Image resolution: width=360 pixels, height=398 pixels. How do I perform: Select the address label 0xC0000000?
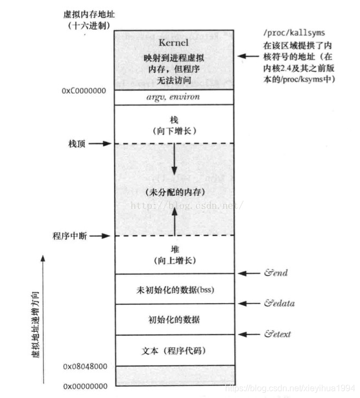84,91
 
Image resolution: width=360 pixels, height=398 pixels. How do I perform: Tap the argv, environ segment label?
173,98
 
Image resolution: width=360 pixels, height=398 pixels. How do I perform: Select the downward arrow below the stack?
174,161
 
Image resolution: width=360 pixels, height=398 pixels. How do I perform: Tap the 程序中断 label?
70,236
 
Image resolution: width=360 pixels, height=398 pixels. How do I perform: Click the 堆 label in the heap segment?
173,250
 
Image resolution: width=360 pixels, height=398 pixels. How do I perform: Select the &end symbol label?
275,273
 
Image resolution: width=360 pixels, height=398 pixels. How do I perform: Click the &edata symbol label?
279,304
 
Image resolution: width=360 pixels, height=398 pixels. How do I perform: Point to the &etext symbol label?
277,334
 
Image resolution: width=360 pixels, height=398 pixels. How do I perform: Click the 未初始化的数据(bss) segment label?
173,290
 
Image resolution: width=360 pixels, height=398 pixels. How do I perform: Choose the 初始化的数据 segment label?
173,320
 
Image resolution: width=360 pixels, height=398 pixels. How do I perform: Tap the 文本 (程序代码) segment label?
173,351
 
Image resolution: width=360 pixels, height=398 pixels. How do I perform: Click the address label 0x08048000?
85,366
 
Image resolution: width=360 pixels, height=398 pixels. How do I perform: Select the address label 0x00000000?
85,387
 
